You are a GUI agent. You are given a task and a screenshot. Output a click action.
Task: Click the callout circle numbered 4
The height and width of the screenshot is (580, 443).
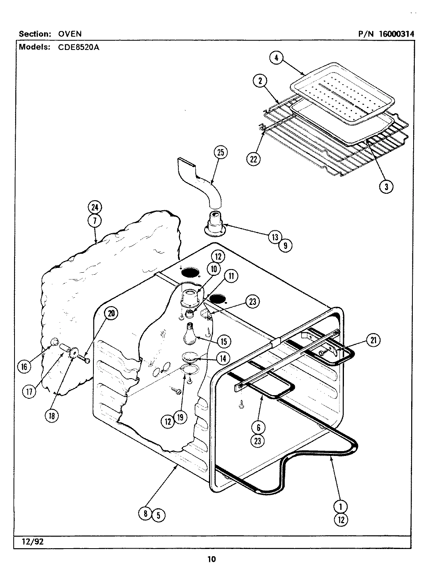tap(276, 58)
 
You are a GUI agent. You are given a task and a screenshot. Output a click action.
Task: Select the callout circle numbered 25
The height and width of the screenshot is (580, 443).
tap(220, 153)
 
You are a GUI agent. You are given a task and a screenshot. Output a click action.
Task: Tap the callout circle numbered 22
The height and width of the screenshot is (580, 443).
tap(253, 159)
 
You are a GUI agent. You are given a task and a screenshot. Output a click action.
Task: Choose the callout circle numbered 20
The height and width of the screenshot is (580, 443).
tap(112, 313)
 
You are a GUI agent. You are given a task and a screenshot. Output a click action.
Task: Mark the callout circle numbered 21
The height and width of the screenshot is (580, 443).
tap(373, 340)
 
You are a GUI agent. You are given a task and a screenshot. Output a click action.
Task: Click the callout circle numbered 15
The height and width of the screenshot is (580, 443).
tap(223, 342)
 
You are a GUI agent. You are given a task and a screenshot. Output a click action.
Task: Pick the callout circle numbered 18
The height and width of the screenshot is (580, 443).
tap(52, 416)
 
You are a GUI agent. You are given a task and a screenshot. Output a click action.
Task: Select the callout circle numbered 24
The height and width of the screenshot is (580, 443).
tap(95, 208)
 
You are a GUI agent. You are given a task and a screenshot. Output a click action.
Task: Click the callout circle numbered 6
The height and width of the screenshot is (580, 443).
tap(258, 427)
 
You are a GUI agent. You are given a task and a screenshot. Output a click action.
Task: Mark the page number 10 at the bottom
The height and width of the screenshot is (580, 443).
tap(212, 559)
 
